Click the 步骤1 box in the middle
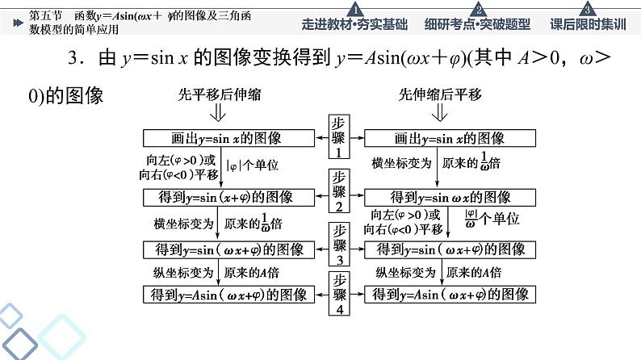pyautogui.click(x=339, y=137)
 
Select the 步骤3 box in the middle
pyautogui.click(x=339, y=245)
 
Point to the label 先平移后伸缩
pyautogui.click(x=212, y=94)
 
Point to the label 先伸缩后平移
pyautogui.click(x=440, y=94)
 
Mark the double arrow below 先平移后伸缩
pyautogui.click(x=212, y=114)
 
